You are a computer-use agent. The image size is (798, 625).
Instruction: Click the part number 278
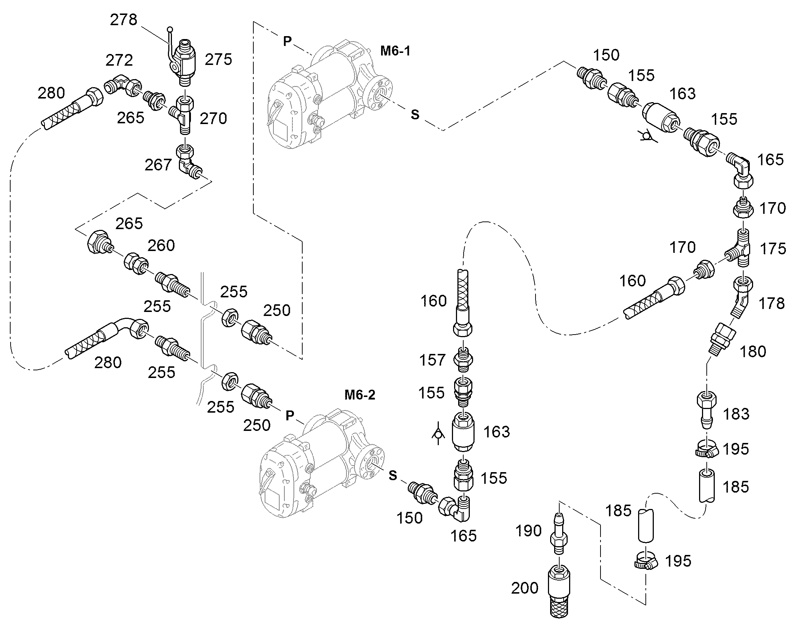pyautogui.click(x=124, y=20)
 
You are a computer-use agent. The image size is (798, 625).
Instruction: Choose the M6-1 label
pyautogui.click(x=395, y=51)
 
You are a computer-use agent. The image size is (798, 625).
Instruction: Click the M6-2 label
pyautogui.click(x=360, y=395)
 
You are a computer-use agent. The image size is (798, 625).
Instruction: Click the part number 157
pyautogui.click(x=433, y=360)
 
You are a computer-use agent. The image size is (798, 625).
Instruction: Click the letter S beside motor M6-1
pyautogui.click(x=415, y=115)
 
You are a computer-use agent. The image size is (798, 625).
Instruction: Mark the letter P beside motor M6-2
pyautogui.click(x=290, y=416)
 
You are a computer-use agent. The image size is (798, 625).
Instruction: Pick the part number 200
pyautogui.click(x=525, y=588)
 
